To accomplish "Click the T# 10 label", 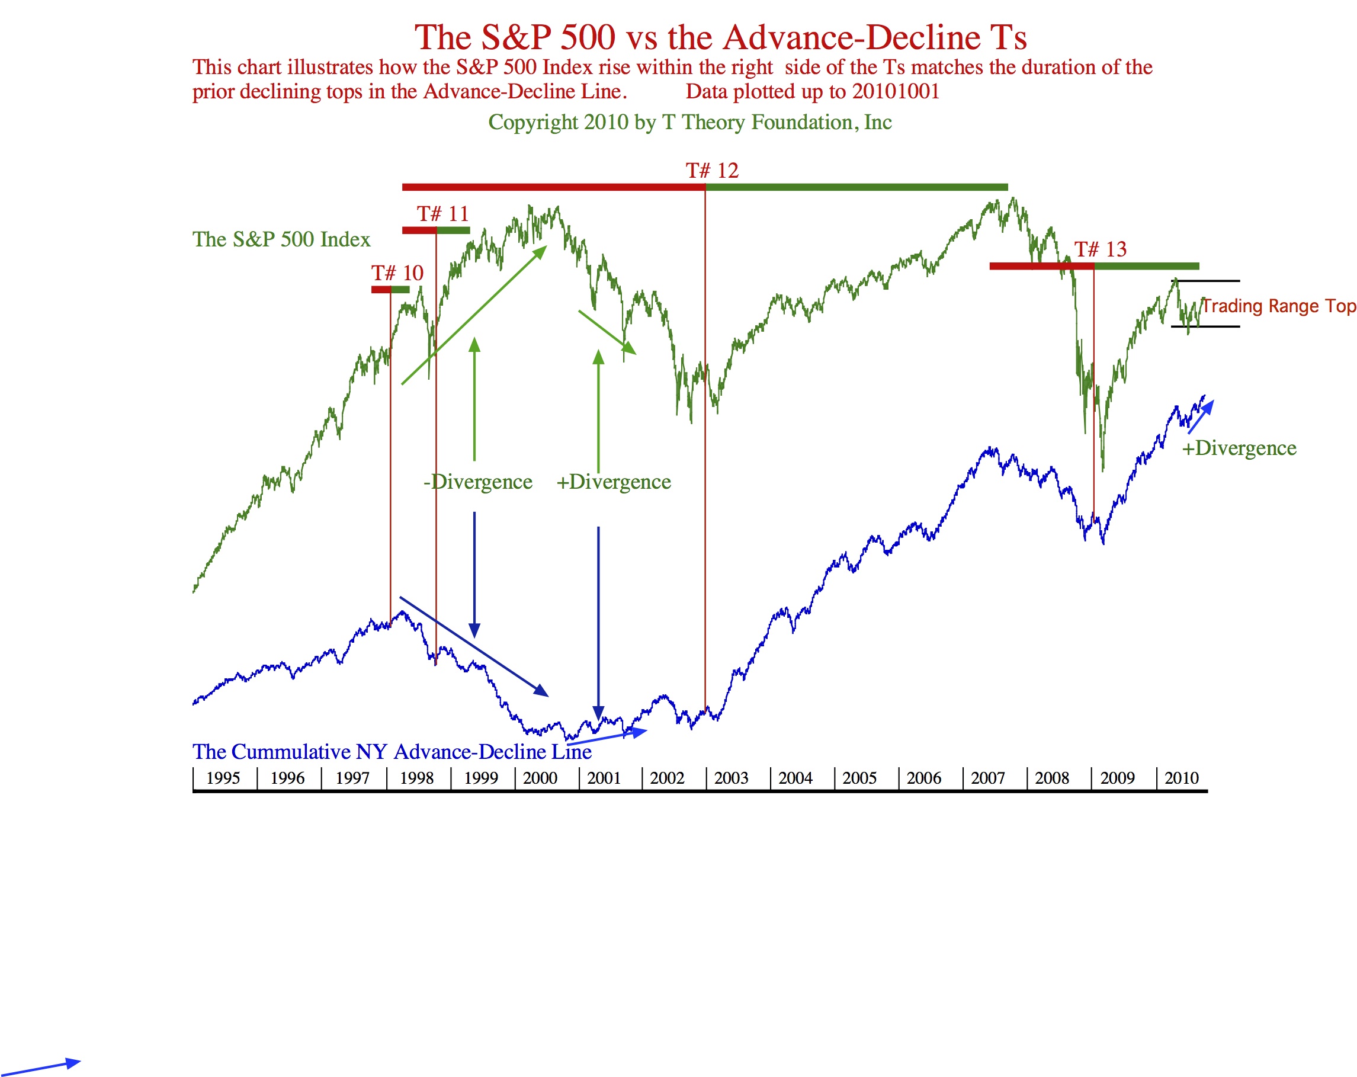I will (397, 273).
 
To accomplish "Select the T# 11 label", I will (442, 214).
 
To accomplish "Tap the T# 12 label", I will (712, 171).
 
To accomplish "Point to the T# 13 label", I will (1100, 249).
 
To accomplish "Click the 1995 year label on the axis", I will (223, 778).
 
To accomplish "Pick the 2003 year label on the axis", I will (731, 778).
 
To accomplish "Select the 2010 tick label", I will (1182, 778).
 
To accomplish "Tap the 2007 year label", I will (987, 778).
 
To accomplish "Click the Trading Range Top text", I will (1278, 306).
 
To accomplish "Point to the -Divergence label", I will (478, 482).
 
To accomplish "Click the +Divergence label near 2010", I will (1239, 448).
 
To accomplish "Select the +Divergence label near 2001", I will (614, 482).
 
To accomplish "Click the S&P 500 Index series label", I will (281, 239).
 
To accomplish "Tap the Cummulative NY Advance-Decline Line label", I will (392, 752).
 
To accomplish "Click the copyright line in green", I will (690, 122).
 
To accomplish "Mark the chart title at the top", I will (720, 37).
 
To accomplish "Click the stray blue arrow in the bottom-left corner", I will (41, 1068).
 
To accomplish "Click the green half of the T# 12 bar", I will (856, 187).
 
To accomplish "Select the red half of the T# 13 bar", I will (1041, 266).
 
